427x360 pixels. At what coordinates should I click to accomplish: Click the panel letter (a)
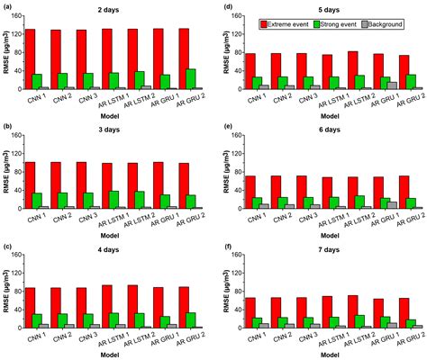click(6, 7)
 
